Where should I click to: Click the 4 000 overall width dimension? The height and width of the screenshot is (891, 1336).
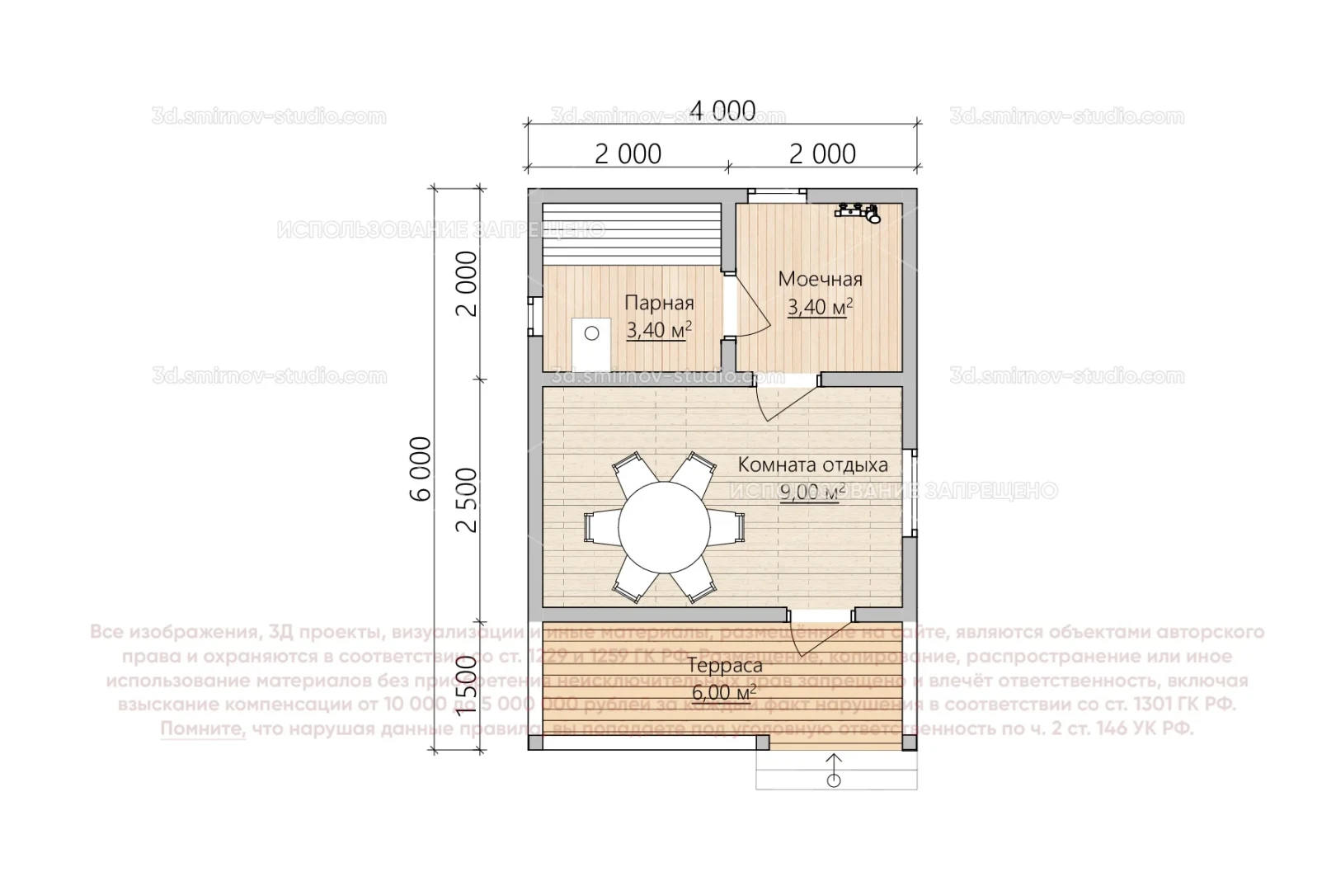(723, 111)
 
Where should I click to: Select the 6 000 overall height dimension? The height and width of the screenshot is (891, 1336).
(421, 469)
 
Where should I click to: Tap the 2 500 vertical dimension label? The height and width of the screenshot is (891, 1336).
(468, 500)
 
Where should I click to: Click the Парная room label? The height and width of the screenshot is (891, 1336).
(658, 303)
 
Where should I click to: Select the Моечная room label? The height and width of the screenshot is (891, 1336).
(820, 279)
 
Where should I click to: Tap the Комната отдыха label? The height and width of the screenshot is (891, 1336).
(812, 464)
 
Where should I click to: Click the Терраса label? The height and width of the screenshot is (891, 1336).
(724, 666)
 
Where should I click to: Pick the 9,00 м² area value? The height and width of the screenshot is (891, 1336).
(812, 493)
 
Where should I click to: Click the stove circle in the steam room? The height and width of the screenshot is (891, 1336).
(591, 333)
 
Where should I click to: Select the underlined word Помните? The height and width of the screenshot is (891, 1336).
(203, 728)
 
